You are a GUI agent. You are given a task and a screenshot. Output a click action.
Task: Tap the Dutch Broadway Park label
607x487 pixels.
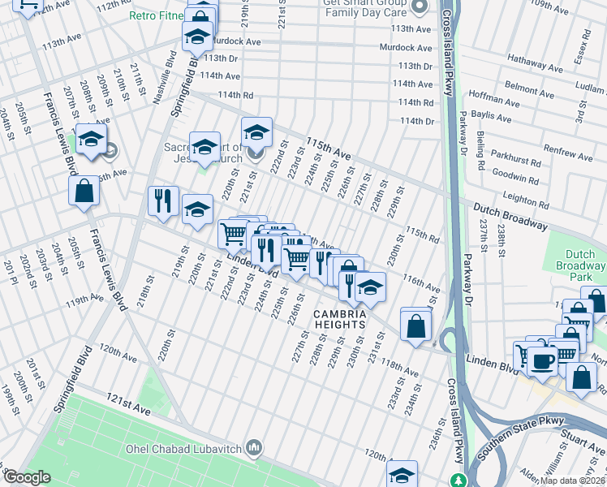click(580, 265)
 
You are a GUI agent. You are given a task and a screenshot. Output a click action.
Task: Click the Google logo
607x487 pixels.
click(27, 477)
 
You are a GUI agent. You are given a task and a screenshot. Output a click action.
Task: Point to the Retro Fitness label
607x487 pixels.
click(158, 15)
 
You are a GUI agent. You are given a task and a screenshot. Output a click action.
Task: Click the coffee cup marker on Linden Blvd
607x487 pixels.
click(542, 360)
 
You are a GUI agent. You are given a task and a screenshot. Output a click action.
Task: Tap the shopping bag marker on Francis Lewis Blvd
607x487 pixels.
click(84, 192)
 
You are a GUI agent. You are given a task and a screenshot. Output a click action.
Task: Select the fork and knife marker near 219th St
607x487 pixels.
click(163, 200)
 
